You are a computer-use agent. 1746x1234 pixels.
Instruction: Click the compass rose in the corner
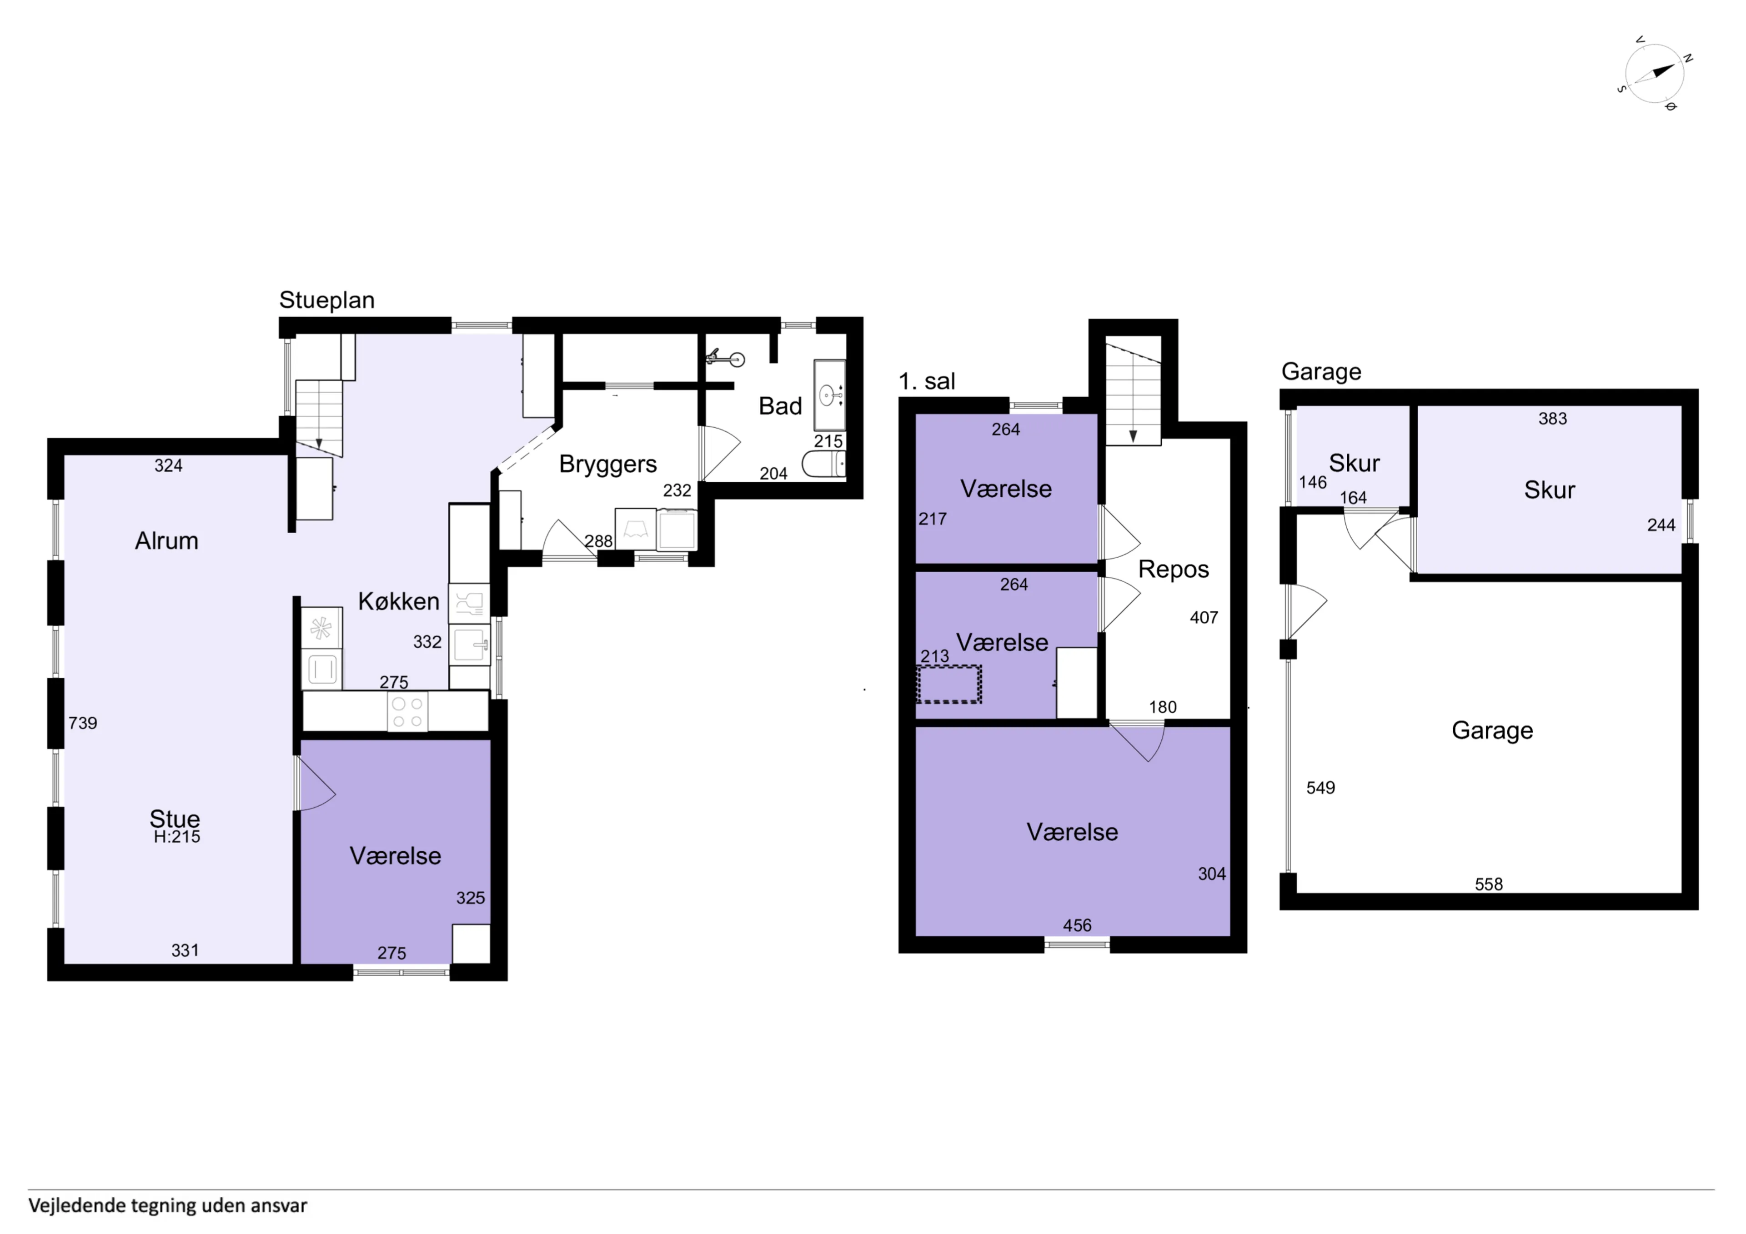[1655, 74]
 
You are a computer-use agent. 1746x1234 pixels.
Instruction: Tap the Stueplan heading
[327, 300]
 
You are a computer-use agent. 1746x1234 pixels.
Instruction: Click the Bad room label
[780, 406]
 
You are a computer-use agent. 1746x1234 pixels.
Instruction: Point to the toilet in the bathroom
[823, 464]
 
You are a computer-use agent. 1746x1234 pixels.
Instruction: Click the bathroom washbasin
[829, 395]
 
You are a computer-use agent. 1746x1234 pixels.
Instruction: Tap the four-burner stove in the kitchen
[407, 712]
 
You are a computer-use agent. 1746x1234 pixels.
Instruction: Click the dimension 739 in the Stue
[83, 723]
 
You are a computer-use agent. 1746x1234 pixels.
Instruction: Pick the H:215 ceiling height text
[177, 837]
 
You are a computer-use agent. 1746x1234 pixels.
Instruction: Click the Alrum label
[166, 540]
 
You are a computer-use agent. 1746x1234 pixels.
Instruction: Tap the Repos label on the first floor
[1174, 570]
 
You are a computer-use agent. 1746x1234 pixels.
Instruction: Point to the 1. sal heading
[927, 382]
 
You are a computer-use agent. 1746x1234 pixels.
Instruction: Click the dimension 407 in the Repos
[1204, 617]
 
